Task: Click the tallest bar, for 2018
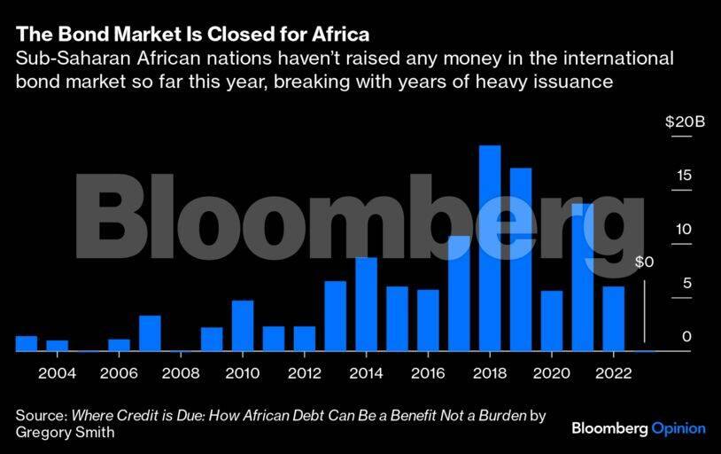[490, 248]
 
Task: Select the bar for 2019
[521, 259]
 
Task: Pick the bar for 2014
[367, 304]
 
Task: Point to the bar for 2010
[243, 325]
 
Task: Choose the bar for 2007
[150, 333]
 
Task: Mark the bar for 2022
[613, 318]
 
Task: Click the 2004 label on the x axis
[57, 372]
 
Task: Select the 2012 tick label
[304, 372]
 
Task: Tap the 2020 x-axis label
[551, 372]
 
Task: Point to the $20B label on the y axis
[685, 121]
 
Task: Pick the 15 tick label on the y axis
[684, 176]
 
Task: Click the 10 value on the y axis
[684, 230]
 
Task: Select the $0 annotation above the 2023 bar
[644, 262]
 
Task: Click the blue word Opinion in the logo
[678, 428]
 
